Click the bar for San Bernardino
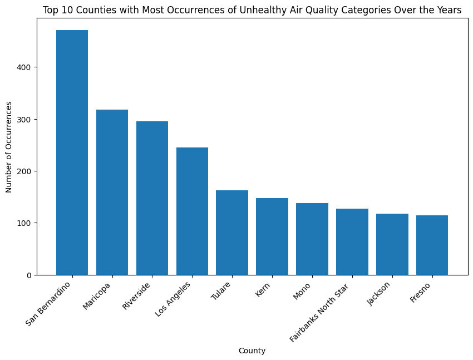[x=72, y=152]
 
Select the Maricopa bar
[x=112, y=192]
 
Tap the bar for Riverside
[x=152, y=198]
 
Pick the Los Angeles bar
[x=192, y=211]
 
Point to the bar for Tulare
[x=232, y=233]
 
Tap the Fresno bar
[x=432, y=245]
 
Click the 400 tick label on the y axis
[x=27, y=67]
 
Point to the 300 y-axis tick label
[x=27, y=119]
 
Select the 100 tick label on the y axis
[x=27, y=223]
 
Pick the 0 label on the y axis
[x=31, y=275]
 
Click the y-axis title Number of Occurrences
[x=9, y=147]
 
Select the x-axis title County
[x=252, y=351]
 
